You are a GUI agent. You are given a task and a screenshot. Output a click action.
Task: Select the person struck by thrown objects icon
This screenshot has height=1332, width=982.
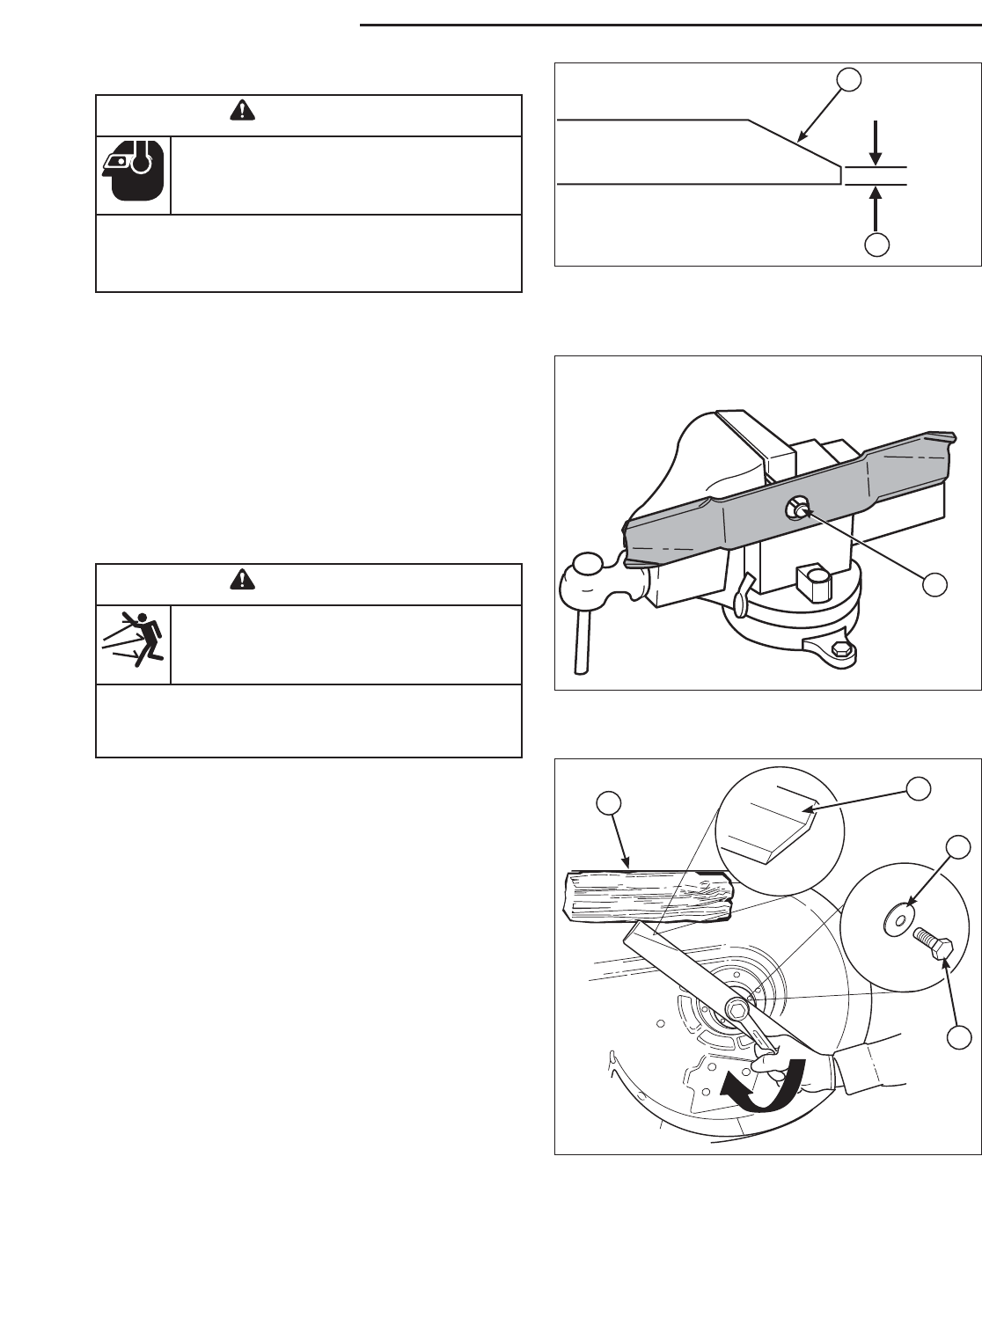(132, 643)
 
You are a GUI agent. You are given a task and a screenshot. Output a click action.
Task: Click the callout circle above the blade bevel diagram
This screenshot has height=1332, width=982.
(849, 80)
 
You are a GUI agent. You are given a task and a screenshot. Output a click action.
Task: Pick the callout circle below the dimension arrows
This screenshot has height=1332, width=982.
(875, 245)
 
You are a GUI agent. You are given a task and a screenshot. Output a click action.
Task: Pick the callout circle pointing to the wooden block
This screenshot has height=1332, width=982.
(608, 802)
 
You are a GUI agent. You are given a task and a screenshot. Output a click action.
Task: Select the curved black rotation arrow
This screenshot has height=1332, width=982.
(763, 1086)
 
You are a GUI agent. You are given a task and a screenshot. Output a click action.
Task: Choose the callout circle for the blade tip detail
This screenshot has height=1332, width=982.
(920, 789)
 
